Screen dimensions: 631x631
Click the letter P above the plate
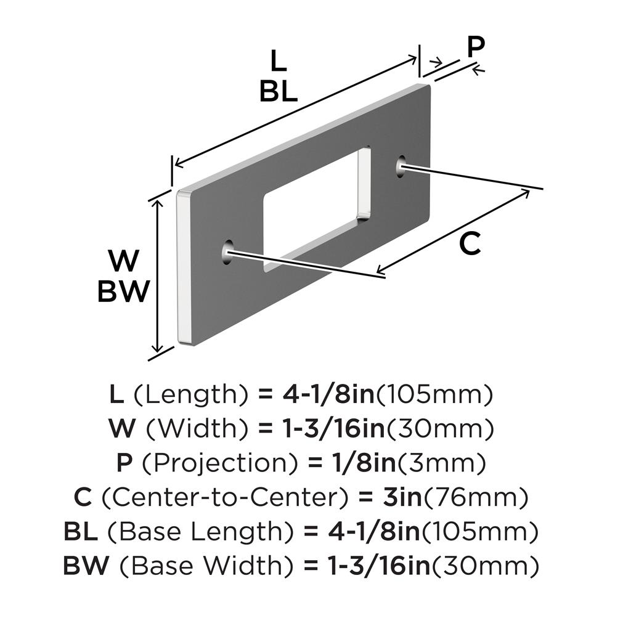476,47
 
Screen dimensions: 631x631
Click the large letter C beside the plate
470,245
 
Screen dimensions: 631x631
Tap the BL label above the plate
279,92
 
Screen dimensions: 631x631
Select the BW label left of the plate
123,291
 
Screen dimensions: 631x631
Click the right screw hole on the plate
401,165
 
